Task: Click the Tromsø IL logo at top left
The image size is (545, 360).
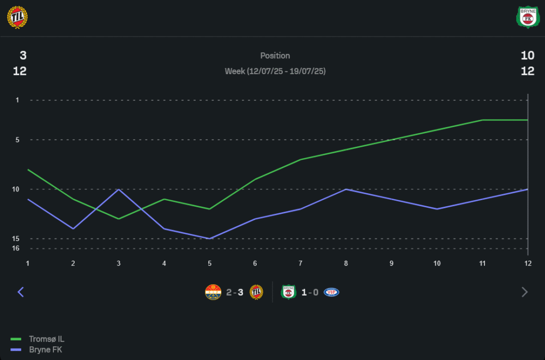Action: coord(17,17)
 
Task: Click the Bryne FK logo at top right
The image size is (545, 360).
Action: coord(527,17)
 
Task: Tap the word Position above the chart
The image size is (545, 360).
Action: coord(275,56)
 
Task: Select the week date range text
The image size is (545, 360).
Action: coord(275,71)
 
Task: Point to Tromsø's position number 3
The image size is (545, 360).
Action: coord(23,56)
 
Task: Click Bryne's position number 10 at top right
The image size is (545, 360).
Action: coord(527,56)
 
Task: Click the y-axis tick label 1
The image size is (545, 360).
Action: coord(17,100)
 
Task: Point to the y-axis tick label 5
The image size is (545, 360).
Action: coord(17,140)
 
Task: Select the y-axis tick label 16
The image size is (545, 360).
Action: coord(16,249)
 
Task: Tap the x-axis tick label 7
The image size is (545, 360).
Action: coord(300,263)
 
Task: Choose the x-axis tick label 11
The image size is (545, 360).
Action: coord(482,263)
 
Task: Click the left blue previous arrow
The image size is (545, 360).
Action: coord(21,292)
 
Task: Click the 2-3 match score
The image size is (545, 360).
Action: coord(235,292)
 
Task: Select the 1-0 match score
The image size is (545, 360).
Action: coord(310,292)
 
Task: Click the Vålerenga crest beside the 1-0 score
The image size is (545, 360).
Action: coord(331,292)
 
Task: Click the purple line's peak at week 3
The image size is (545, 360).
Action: coord(119,189)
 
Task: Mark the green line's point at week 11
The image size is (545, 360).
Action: coord(482,120)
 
